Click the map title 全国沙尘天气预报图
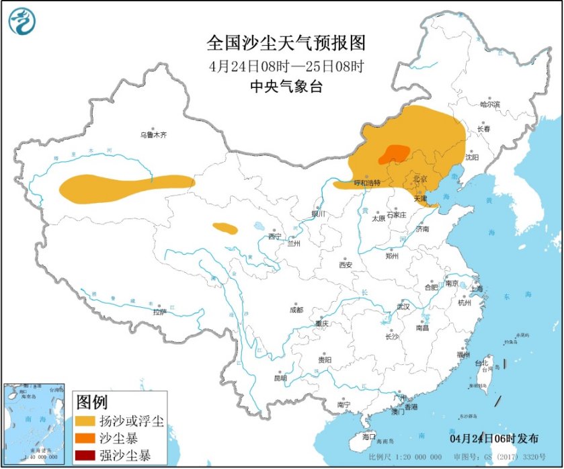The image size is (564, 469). tap(286, 43)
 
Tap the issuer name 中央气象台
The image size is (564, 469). tap(286, 85)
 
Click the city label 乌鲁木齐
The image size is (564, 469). tap(153, 134)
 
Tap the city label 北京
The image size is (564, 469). tap(419, 178)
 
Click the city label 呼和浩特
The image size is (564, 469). tap(367, 183)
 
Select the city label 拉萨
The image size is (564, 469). tap(159, 312)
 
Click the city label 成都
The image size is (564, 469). tap(296, 310)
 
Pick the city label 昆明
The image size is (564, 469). tap(280, 378)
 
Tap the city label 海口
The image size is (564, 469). tap(368, 436)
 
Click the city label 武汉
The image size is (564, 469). tap(403, 306)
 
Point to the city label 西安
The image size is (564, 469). tap(345, 265)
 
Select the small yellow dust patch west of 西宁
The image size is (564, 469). tap(225, 228)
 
